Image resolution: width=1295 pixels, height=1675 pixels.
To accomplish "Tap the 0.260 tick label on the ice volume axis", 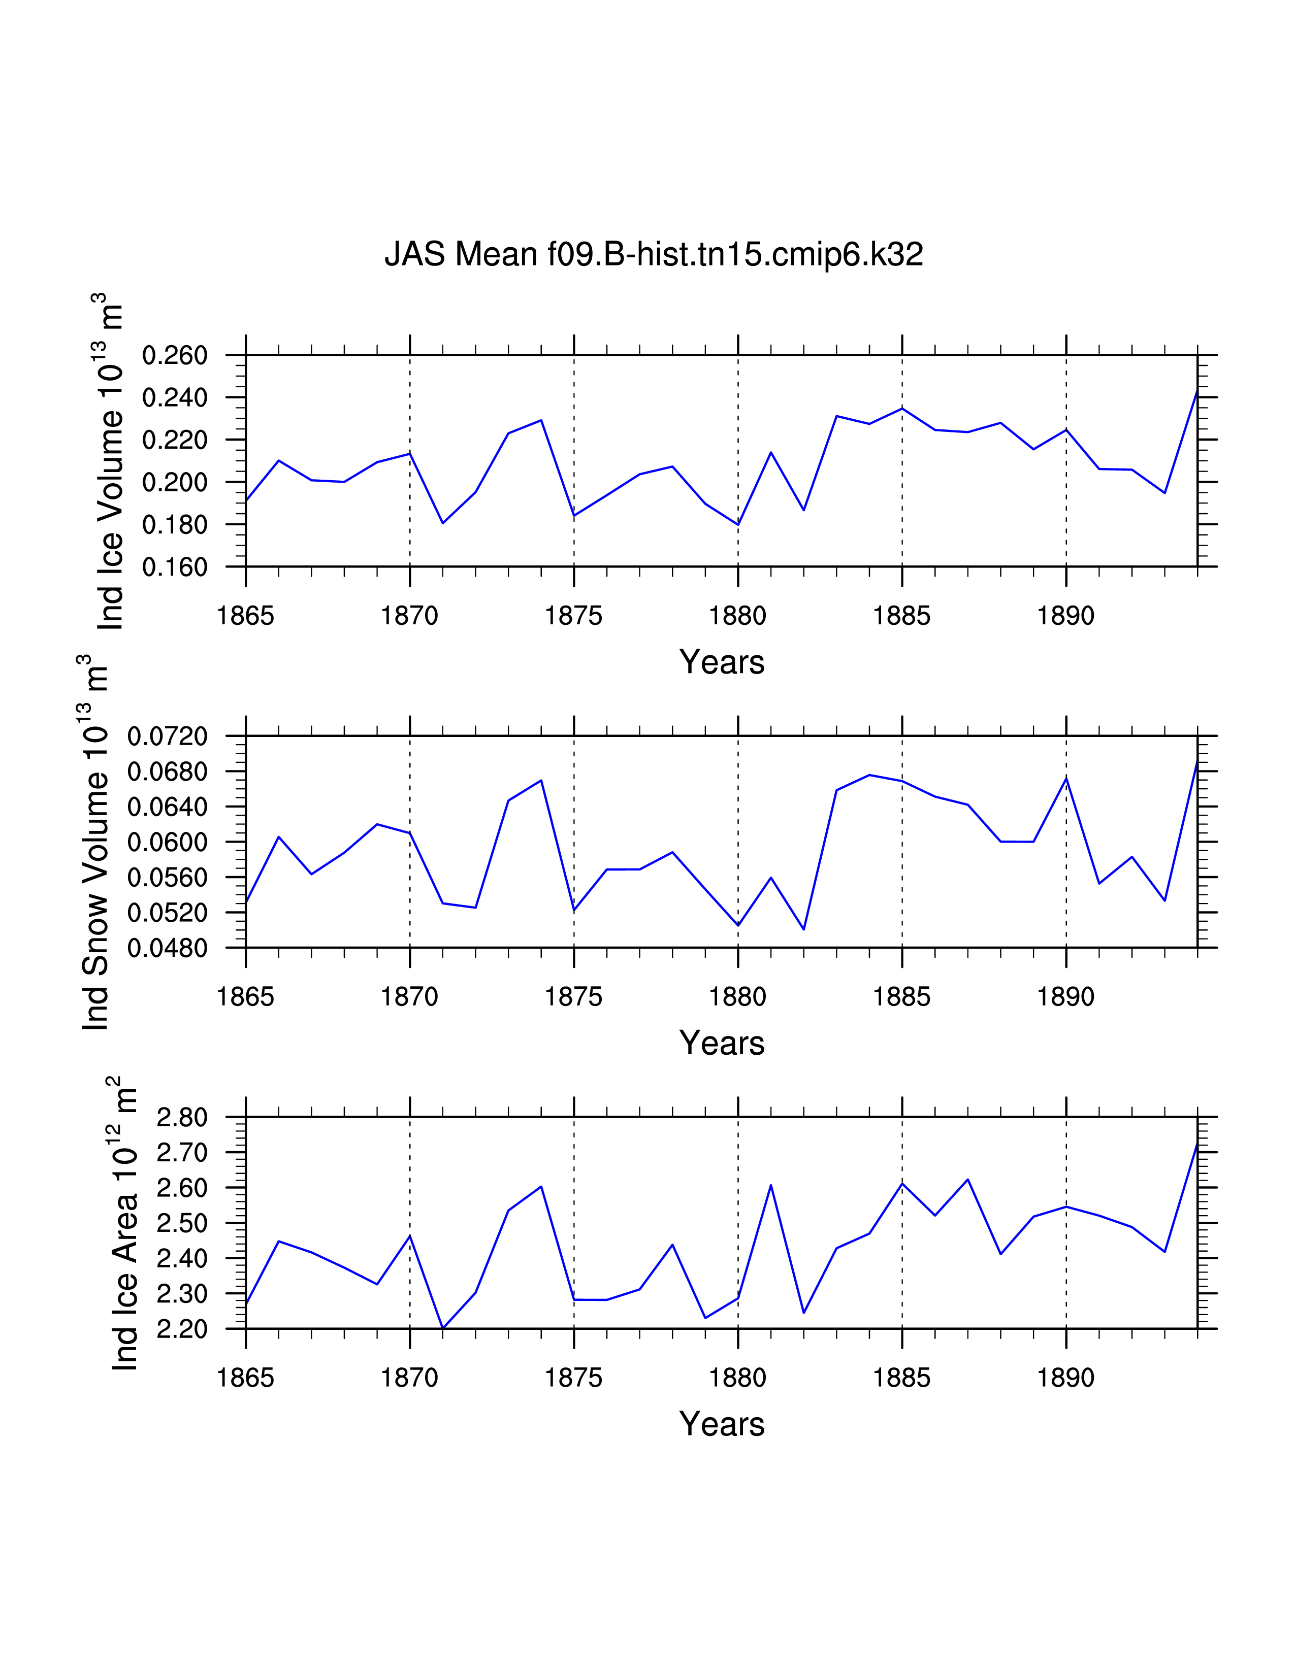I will [175, 355].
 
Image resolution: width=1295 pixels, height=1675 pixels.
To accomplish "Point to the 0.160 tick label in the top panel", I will [175, 567].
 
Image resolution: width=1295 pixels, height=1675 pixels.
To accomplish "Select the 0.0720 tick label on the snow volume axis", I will [167, 736].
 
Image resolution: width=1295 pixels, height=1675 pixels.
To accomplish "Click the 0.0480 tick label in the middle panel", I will [167, 948].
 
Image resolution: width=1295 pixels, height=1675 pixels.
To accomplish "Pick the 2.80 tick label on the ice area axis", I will [182, 1118].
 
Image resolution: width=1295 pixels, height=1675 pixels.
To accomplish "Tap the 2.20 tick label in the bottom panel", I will [182, 1329].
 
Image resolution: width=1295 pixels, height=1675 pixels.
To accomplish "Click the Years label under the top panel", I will [721, 662].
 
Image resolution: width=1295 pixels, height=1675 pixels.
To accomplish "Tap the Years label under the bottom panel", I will [721, 1424].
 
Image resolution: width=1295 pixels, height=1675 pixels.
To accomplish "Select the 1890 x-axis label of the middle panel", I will [1065, 997].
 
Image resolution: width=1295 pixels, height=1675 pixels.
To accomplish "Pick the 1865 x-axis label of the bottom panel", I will [245, 1378].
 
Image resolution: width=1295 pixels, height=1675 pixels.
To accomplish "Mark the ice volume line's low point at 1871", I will [443, 523].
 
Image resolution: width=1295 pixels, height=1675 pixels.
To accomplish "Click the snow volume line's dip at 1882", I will [803, 929].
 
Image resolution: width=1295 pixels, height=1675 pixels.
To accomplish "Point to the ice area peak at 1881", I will [770, 1186].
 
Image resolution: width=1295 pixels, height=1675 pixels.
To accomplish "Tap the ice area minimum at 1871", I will [443, 1328].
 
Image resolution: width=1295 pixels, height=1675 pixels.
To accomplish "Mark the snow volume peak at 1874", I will [541, 781].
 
